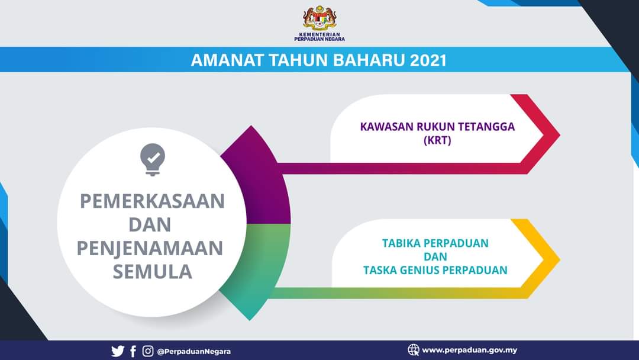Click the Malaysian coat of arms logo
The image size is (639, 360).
[319, 18]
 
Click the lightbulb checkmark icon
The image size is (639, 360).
[153, 159]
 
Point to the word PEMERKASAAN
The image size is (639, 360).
[153, 201]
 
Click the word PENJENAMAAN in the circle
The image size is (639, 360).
[150, 248]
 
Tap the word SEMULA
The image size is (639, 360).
[153, 272]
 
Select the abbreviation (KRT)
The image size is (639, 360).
[437, 141]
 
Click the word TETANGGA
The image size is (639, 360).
[486, 127]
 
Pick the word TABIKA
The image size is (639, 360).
[398, 243]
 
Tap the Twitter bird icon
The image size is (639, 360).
[118, 351]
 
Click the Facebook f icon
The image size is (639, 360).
[133, 351]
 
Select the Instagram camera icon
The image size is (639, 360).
[148, 351]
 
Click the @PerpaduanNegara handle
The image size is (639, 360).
[194, 352]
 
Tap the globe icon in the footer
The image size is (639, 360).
[413, 350]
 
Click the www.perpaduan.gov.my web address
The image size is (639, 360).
[469, 350]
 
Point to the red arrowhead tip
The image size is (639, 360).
[560, 134]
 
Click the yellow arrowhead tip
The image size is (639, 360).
[560, 259]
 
